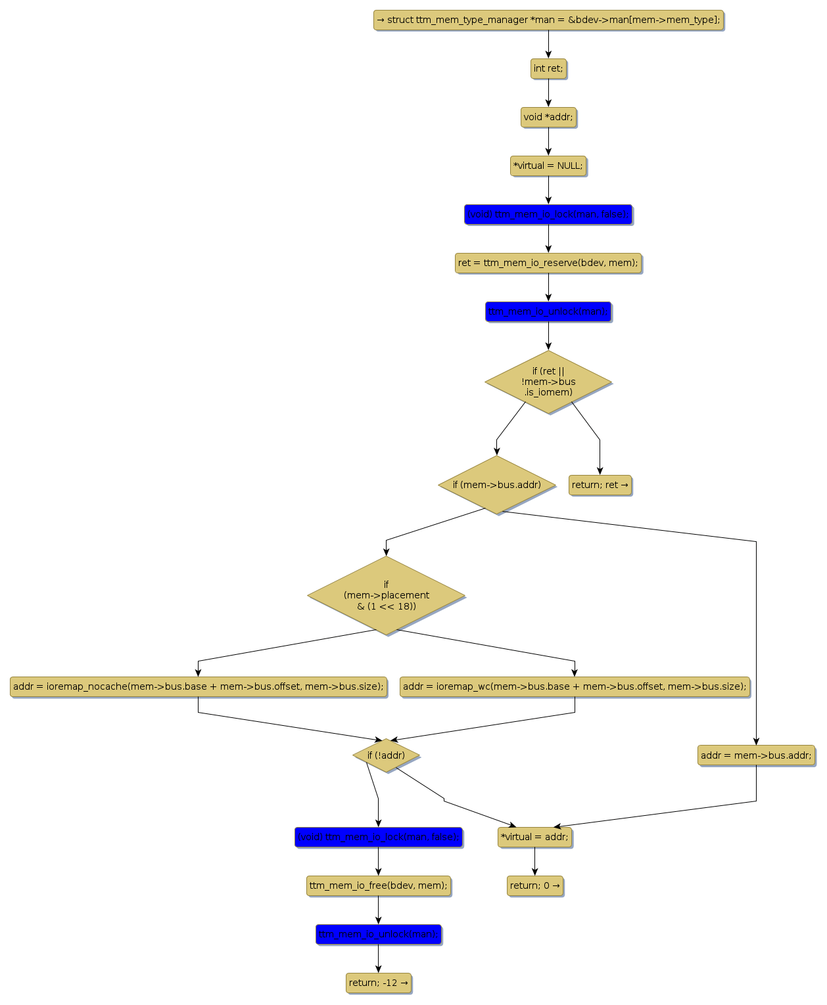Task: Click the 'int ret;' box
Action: pyautogui.click(x=548, y=68)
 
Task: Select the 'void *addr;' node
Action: pyautogui.click(x=548, y=117)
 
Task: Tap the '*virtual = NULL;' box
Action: pyautogui.click(x=548, y=166)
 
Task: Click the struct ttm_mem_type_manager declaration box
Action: pyautogui.click(x=548, y=20)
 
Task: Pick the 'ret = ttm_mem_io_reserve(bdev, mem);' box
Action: pyautogui.click(x=548, y=263)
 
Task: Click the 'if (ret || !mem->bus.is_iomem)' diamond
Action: pyautogui.click(x=548, y=382)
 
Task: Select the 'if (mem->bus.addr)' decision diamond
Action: pyautogui.click(x=496, y=485)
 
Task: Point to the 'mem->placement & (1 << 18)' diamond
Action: pyautogui.click(x=386, y=595)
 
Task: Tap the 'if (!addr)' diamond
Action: pyautogui.click(x=386, y=755)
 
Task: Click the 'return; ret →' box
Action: pyautogui.click(x=600, y=485)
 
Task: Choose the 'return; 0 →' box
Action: pyautogui.click(x=535, y=885)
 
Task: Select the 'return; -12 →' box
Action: pyautogui.click(x=379, y=983)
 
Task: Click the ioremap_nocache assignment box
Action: pyautogui.click(x=198, y=686)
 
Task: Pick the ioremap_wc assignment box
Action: pyautogui.click(x=575, y=686)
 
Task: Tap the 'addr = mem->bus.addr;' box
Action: pyautogui.click(x=756, y=755)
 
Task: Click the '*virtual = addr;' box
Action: pyautogui.click(x=534, y=837)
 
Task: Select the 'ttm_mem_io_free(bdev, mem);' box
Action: pyautogui.click(x=378, y=885)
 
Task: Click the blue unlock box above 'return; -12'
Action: pyautogui.click(x=378, y=934)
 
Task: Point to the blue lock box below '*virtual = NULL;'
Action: pyautogui.click(x=548, y=214)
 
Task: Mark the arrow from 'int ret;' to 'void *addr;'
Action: pyautogui.click(x=548, y=93)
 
